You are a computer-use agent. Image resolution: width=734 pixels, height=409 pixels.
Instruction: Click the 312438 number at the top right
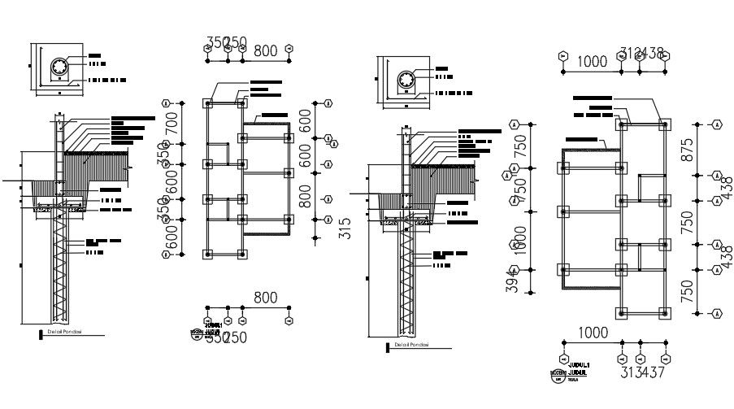point(642,54)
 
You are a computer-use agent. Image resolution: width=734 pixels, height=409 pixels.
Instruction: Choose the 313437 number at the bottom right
point(642,373)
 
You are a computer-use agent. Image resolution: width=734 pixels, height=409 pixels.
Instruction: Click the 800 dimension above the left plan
point(266,50)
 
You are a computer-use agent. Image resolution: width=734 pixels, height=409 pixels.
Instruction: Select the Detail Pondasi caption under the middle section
point(411,346)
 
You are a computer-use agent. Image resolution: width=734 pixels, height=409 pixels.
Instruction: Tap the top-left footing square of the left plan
point(208,104)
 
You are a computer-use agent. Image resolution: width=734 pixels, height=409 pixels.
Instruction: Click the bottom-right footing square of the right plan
point(665,313)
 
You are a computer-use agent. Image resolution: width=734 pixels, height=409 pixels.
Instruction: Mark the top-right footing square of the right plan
point(665,125)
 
